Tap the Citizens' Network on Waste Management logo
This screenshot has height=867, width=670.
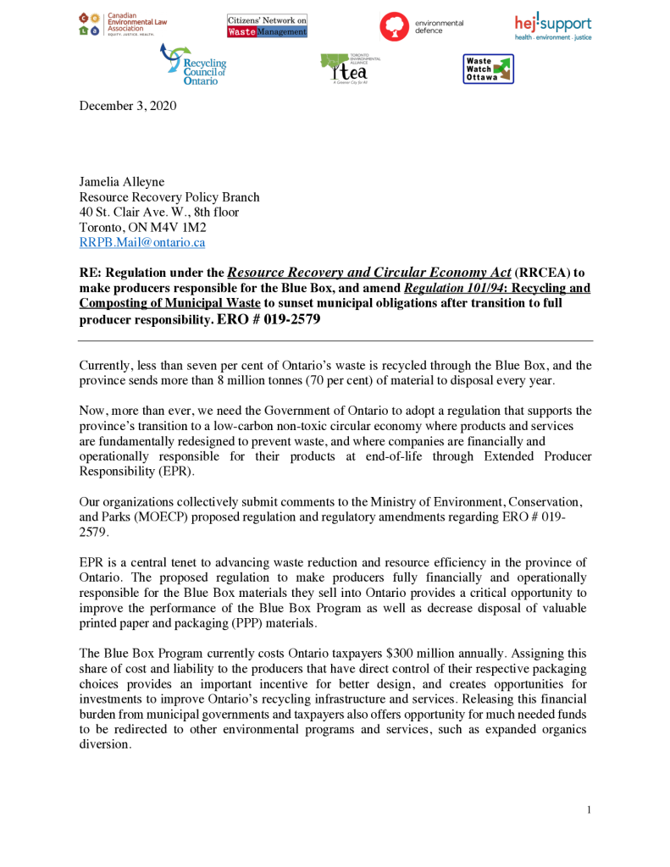(267, 25)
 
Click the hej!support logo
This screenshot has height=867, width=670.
(553, 26)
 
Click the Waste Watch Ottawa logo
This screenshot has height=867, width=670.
(488, 69)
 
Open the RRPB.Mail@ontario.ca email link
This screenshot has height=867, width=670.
(142, 242)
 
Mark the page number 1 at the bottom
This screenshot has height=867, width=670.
(588, 810)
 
